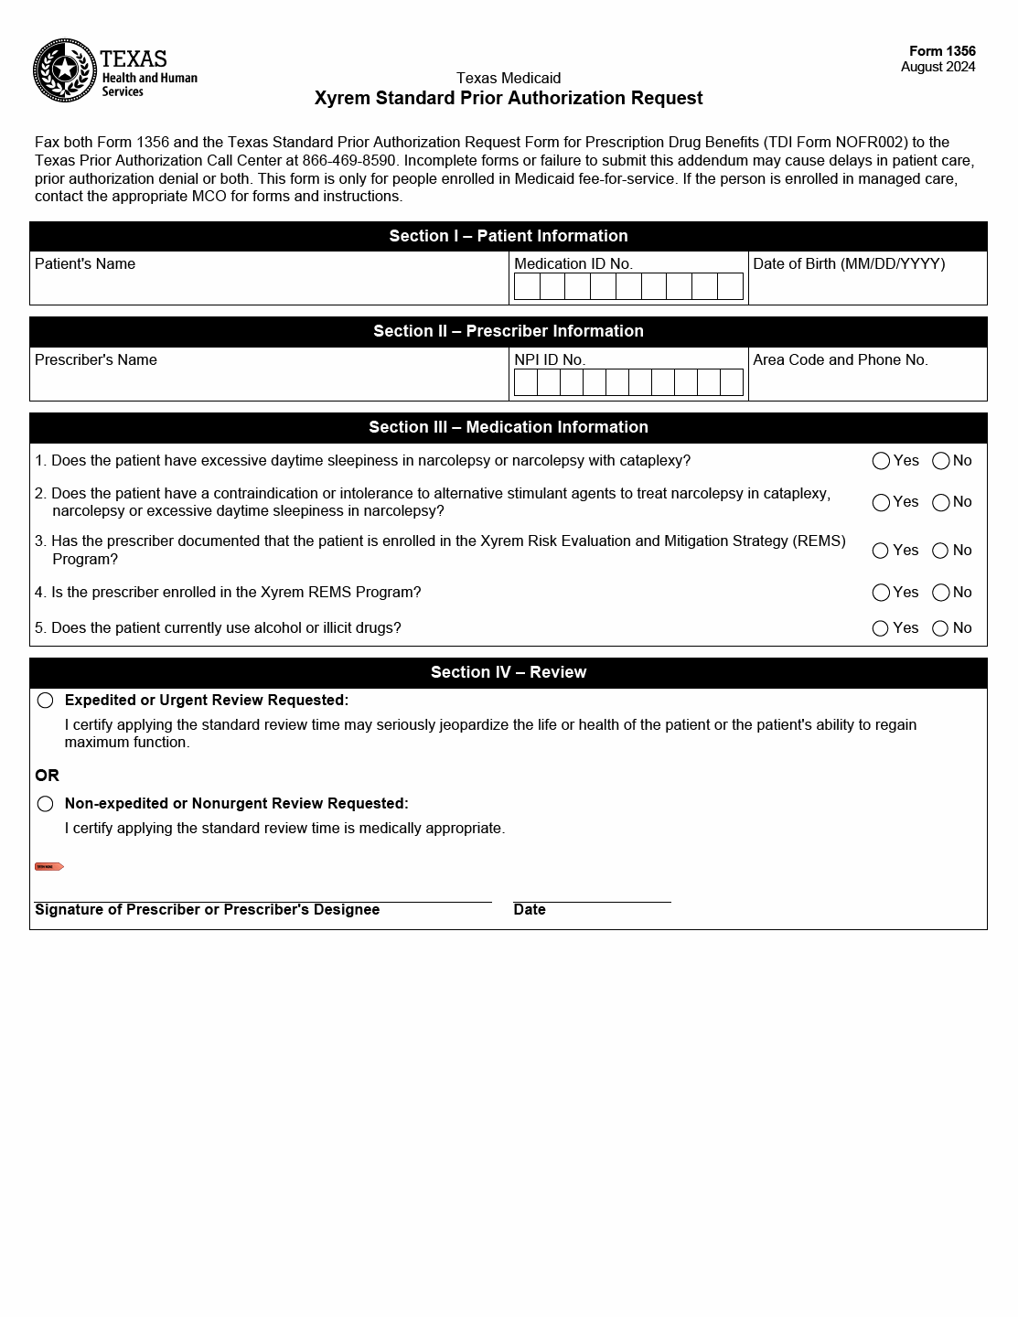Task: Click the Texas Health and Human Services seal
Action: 64,70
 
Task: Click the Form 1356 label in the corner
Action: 942,51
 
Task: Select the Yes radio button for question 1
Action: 881,461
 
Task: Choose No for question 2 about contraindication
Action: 940,502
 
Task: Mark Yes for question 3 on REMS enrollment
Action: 881,551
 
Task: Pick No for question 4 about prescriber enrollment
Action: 940,593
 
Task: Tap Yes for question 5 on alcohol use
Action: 881,628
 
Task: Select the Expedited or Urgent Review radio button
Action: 46,701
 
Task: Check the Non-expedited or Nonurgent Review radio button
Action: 46,804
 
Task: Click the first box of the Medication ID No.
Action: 527,286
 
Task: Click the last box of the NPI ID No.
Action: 732,382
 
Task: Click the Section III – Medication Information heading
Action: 509,427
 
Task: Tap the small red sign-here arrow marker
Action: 48,866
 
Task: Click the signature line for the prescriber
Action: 263,892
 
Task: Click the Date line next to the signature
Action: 592,892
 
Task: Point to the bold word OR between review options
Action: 47,776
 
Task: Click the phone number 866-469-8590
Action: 349,160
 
